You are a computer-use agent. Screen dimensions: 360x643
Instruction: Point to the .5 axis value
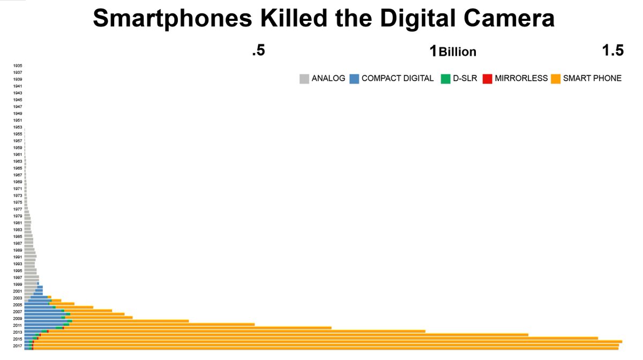pyautogui.click(x=258, y=51)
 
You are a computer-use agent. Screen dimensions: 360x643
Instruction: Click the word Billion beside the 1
pyautogui.click(x=458, y=52)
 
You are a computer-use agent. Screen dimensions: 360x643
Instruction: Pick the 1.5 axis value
pyautogui.click(x=612, y=51)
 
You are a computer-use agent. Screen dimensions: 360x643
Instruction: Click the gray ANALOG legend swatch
pyautogui.click(x=304, y=79)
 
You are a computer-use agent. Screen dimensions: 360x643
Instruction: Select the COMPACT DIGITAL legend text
pyautogui.click(x=398, y=78)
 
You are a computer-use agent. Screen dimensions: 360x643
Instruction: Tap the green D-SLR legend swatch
pyautogui.click(x=445, y=79)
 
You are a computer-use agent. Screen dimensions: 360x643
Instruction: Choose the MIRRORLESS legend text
pyautogui.click(x=521, y=78)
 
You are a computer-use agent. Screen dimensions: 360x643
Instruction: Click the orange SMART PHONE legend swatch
pyautogui.click(x=556, y=79)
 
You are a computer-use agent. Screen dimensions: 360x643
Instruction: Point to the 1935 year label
pyautogui.click(x=18, y=65)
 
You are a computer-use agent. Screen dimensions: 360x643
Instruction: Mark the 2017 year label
pyautogui.click(x=18, y=346)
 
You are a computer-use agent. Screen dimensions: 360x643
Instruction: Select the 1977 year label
pyautogui.click(x=18, y=209)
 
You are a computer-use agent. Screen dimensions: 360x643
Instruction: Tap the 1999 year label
pyautogui.click(x=18, y=284)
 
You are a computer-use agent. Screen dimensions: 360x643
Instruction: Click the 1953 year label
pyautogui.click(x=18, y=127)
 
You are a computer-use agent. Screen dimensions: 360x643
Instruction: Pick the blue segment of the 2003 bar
pyautogui.click(x=39, y=297)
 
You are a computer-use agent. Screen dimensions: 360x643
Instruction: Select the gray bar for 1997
pyautogui.click(x=31, y=277)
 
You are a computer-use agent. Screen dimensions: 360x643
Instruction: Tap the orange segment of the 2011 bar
pyautogui.click(x=161, y=325)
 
